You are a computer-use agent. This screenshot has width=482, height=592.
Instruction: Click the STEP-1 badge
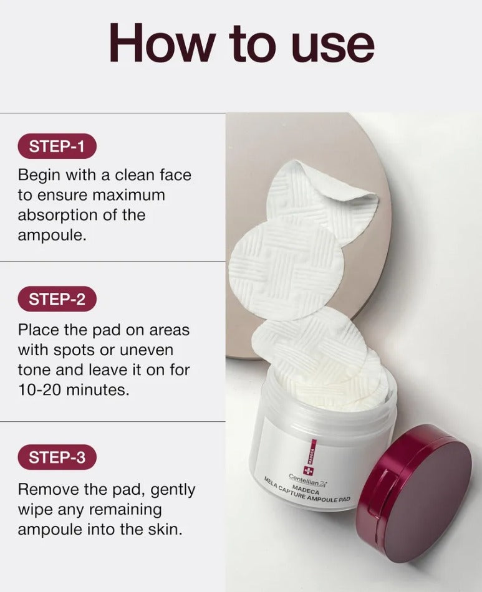tap(57, 146)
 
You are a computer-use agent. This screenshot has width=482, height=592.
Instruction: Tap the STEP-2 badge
tap(57, 299)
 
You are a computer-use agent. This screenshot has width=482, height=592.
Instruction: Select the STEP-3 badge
tap(57, 457)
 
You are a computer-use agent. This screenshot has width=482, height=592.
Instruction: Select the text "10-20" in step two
tap(40, 389)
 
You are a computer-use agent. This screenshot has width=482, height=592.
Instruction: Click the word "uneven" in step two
tap(146, 350)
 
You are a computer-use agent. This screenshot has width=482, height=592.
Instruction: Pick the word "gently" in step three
tap(173, 490)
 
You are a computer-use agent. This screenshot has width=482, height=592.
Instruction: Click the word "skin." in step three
tap(163, 529)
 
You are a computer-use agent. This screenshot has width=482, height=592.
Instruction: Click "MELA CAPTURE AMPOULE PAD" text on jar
tap(307, 492)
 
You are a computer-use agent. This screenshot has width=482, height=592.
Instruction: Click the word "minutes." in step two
tap(98, 389)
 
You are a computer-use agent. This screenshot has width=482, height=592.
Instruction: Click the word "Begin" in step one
tap(39, 176)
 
